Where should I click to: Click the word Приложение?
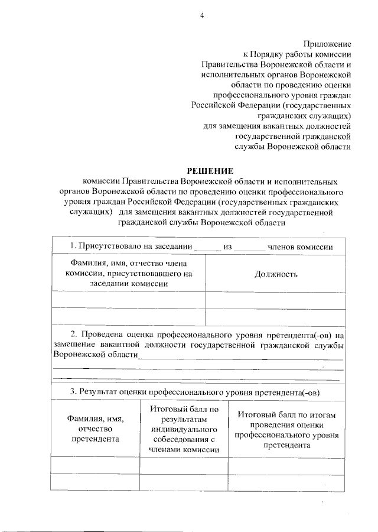tap(328, 44)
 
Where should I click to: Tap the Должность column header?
tap(276, 274)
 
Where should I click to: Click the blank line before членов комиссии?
tap(249, 248)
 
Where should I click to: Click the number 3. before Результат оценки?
tap(73, 391)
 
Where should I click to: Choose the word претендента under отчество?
tap(95, 439)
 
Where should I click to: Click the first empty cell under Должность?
tap(275, 300)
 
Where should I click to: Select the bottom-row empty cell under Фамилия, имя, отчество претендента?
tap(95, 482)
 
